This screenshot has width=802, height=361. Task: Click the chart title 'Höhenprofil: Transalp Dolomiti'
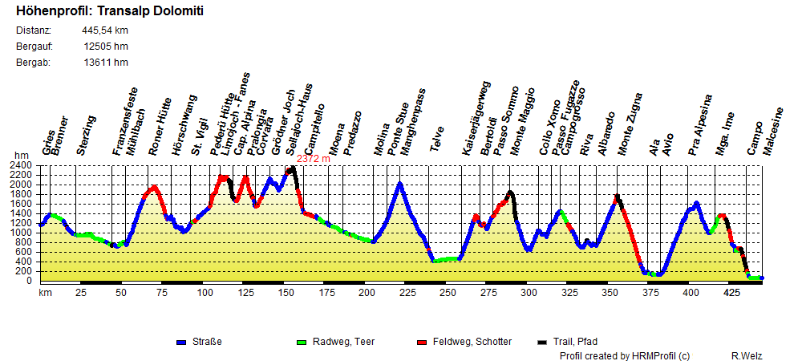coord(109,12)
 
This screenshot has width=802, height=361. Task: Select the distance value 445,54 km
coord(105,30)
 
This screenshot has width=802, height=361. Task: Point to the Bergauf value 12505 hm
coord(105,47)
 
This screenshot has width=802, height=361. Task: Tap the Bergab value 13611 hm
coord(105,62)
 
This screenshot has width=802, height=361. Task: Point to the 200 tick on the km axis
coord(367,294)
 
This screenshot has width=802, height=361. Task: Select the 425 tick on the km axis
coord(731,294)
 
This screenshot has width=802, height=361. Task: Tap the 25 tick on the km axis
coord(81,294)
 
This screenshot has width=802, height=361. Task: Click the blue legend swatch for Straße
coord(181,343)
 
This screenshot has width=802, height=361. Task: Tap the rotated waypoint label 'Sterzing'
coord(86,136)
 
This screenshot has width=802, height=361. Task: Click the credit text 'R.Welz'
coord(746,355)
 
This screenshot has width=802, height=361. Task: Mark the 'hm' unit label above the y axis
coord(20,156)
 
